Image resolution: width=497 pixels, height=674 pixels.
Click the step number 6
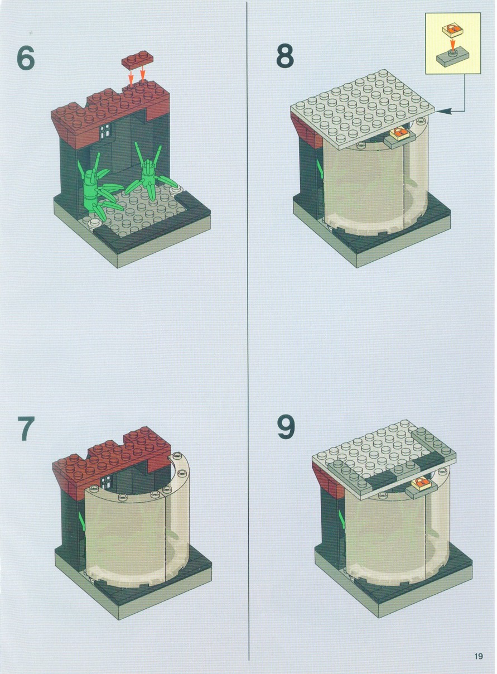point(26,59)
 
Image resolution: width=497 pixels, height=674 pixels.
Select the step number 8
point(285,56)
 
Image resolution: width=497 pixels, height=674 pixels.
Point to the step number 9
point(286,426)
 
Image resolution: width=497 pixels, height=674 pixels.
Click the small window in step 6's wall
point(104,132)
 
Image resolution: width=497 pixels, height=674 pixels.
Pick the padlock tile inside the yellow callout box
point(453,30)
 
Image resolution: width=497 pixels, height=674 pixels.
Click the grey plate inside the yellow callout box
point(452,59)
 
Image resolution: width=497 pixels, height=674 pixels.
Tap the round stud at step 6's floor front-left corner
point(94,223)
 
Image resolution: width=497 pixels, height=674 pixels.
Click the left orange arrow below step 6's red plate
point(131,77)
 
